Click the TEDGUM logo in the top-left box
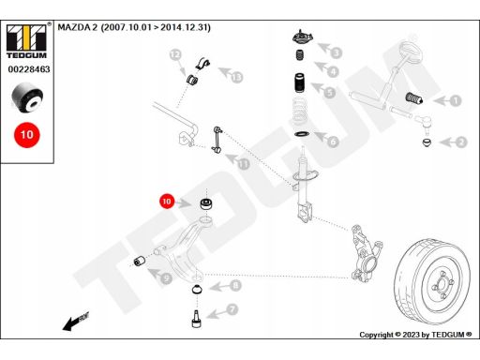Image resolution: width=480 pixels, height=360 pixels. pos(26,41)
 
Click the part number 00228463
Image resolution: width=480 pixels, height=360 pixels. pos(29,69)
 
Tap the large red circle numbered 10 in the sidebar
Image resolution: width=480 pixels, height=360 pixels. pos(27,135)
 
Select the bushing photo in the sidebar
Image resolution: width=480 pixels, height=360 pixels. pos(27,97)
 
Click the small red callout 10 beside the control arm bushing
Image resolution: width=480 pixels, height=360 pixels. pos(167,202)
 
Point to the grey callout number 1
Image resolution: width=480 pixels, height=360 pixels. pos(456,100)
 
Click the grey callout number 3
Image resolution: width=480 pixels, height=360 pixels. pos(337,52)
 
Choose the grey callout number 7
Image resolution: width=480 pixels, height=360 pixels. pos(232,309)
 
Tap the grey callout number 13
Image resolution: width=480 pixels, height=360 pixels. pos(237,77)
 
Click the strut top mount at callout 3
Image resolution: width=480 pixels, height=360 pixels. pos(303,38)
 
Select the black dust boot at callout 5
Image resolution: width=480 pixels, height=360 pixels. pos(300,82)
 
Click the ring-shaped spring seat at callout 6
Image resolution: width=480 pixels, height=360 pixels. pos(302,134)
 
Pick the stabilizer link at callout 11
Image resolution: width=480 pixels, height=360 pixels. pos(217,140)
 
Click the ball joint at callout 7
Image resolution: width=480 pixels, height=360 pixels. pos(196,319)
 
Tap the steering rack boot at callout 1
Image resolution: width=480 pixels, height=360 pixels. pos(414,97)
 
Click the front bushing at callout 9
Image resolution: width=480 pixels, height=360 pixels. pos(140,261)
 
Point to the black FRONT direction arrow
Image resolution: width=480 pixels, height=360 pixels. pos(76,322)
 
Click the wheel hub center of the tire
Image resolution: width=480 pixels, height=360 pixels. pos(442,285)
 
